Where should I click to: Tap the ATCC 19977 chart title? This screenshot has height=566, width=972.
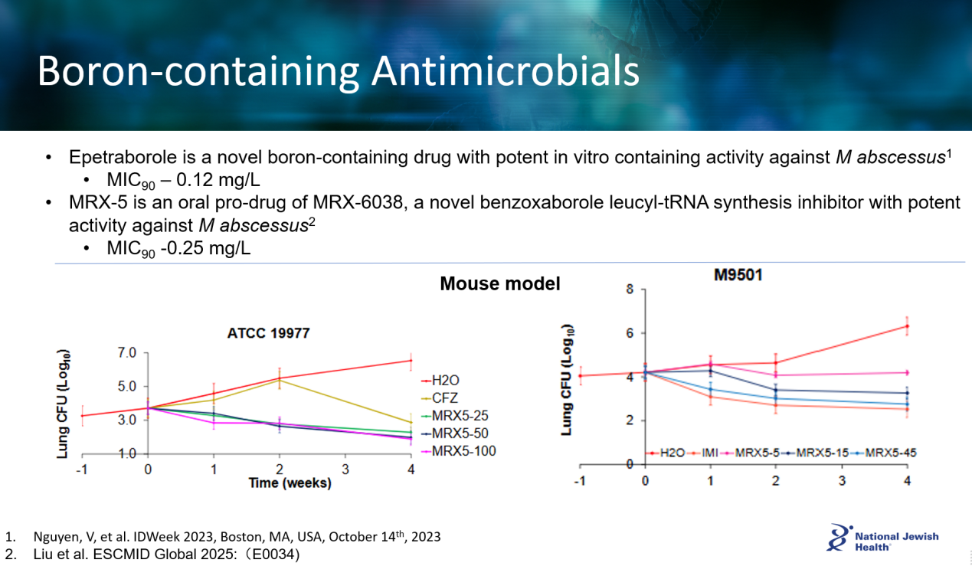[268, 333]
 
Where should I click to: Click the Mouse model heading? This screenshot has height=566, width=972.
[499, 284]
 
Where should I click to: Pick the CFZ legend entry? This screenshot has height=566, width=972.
[447, 398]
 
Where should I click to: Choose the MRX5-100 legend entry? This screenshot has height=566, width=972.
[463, 451]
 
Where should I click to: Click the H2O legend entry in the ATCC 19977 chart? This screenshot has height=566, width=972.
[447, 380]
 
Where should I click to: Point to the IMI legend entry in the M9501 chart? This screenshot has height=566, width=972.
[708, 453]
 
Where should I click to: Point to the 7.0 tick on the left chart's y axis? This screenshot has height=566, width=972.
[126, 353]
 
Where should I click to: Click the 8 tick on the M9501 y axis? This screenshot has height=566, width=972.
[630, 290]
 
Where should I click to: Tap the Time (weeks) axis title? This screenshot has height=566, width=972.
[290, 483]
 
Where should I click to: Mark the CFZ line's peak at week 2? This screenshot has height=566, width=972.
[280, 380]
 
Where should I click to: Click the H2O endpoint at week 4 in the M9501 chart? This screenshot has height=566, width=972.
[907, 326]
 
